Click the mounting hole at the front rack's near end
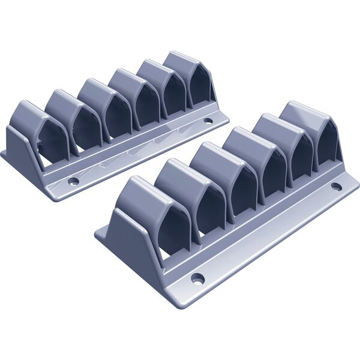[x=197, y=278]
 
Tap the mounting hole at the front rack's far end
[x=336, y=187]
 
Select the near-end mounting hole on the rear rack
[x=73, y=180]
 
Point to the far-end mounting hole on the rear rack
[x=208, y=121]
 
